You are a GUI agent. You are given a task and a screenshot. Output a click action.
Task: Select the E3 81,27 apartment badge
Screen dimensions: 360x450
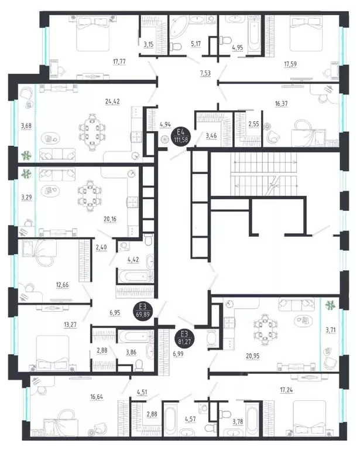coord(184,337)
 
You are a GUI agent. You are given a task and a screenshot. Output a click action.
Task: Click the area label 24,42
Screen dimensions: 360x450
coord(112,101)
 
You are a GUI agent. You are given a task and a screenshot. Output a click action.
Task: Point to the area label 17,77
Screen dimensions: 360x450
coord(119,62)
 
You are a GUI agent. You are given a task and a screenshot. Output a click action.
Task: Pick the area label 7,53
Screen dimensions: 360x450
coord(205,73)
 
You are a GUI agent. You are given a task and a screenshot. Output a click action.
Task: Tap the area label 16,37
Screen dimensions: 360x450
coord(281,104)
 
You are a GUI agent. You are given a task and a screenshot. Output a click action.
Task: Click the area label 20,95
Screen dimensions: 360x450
coord(253,356)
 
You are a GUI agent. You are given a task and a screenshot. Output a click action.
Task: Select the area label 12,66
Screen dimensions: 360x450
coord(62,285)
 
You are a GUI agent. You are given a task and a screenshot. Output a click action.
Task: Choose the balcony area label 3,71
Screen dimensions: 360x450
coord(331,330)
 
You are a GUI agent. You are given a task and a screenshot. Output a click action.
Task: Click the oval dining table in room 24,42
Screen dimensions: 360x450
coord(92,132)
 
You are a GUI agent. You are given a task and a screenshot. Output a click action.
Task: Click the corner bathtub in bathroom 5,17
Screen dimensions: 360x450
coord(180,26)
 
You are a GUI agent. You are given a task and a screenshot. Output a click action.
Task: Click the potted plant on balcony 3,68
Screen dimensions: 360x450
coord(26,156)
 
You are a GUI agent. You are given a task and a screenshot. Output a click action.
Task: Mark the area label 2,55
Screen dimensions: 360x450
coord(253,124)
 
